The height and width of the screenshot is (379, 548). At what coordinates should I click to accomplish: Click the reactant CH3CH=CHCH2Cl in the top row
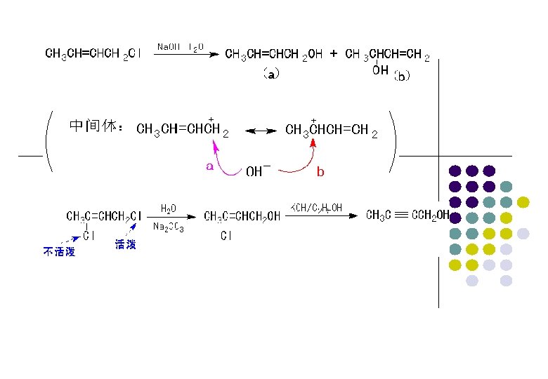93,54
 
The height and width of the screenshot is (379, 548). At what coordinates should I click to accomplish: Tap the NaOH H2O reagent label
180,47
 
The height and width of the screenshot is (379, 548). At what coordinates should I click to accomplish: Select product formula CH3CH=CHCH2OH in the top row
274,55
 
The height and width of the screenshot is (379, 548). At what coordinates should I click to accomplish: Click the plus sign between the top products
334,53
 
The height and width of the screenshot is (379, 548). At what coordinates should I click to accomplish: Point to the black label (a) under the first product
271,72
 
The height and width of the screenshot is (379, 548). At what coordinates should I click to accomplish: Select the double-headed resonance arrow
259,131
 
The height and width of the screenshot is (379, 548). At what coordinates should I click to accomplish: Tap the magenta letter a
209,166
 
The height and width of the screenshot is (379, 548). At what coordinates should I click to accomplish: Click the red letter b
320,171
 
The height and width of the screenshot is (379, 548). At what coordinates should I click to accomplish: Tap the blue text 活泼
125,245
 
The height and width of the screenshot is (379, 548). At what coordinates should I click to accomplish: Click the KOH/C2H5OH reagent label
317,207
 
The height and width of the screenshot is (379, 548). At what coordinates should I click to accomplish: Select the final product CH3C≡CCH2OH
407,215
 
